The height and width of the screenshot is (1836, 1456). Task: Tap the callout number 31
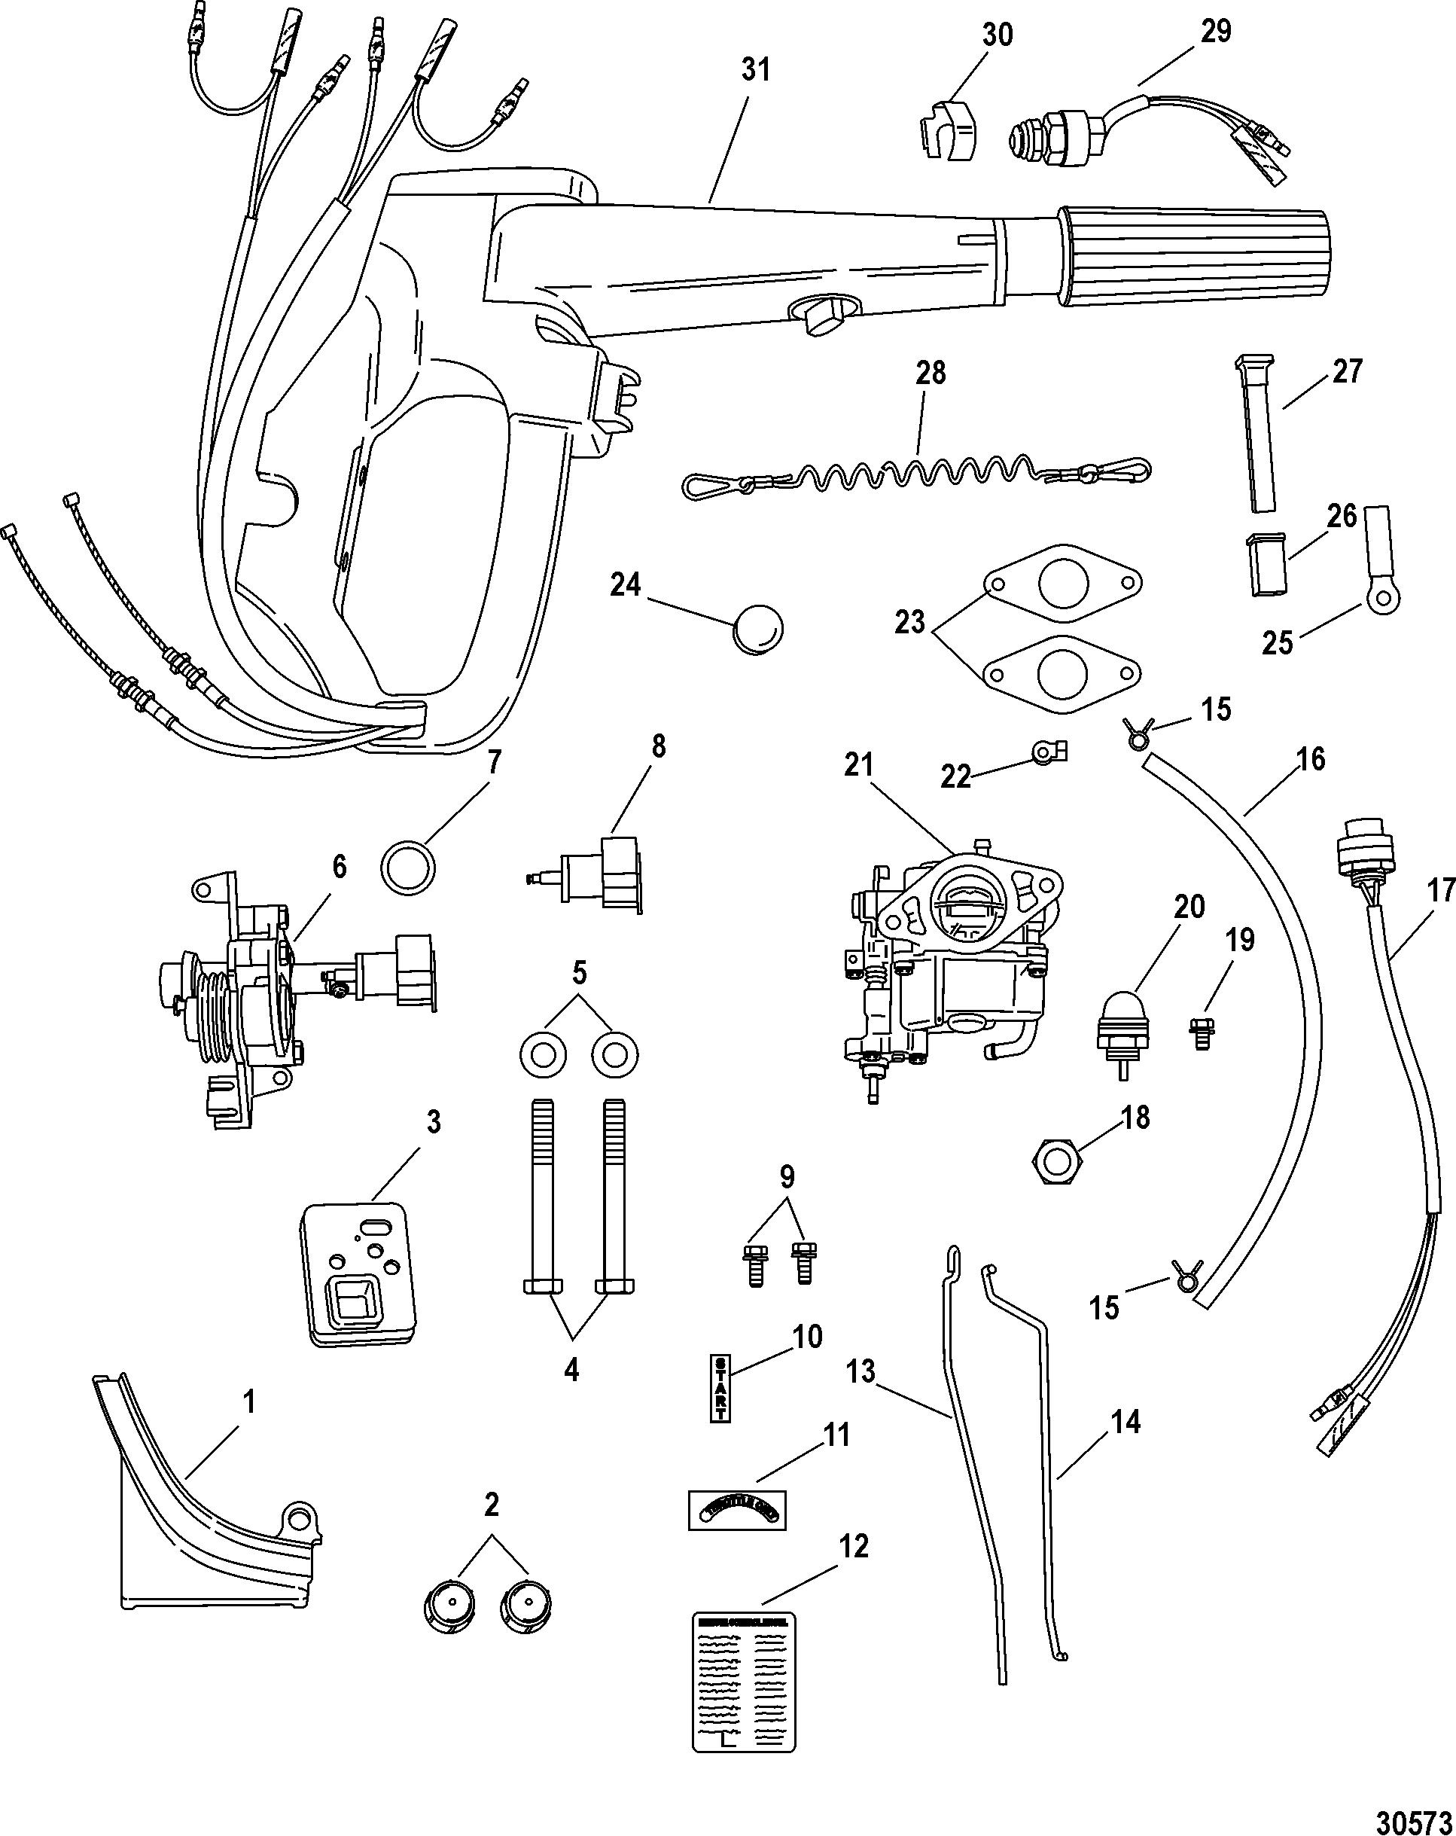point(755,70)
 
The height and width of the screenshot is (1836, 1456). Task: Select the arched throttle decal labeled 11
point(736,1511)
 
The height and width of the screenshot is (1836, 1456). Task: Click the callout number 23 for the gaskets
point(909,623)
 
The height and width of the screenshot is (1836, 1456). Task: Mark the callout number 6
point(340,867)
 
